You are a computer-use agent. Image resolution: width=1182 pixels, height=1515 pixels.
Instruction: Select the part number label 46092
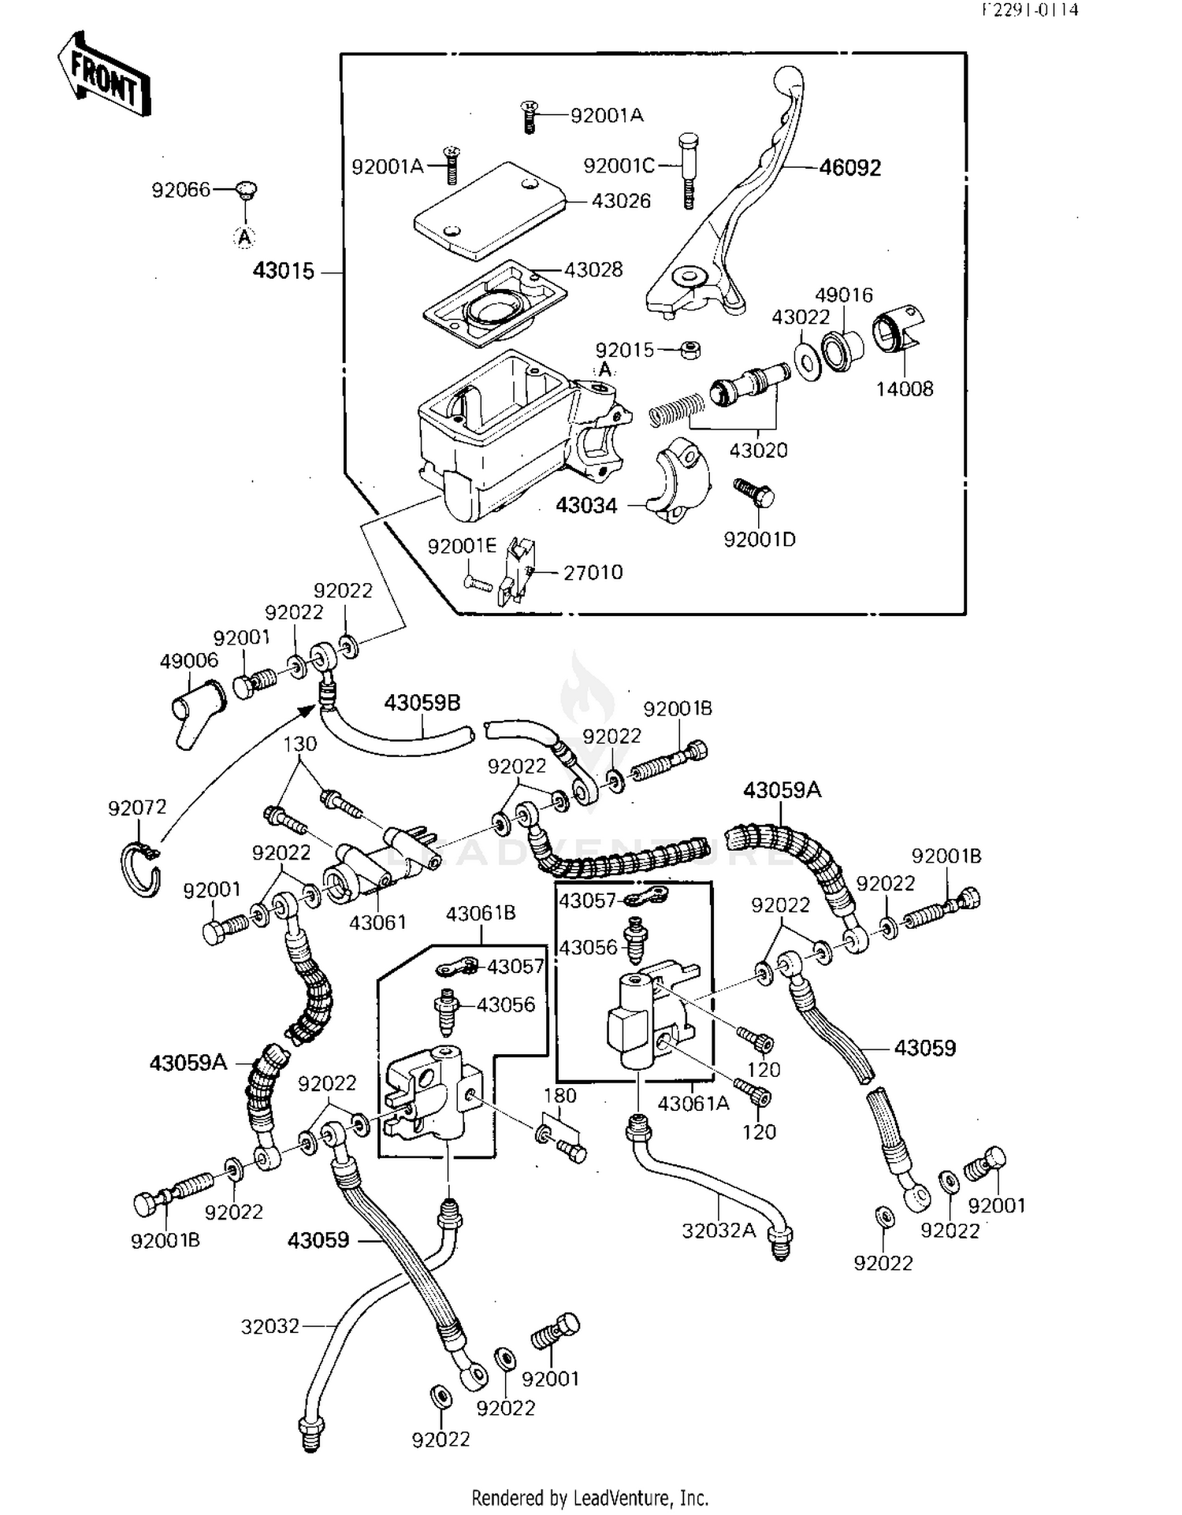coord(849,168)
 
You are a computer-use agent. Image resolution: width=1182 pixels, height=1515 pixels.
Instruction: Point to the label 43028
coord(593,269)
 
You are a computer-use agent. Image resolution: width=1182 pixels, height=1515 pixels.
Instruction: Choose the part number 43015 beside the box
coord(283,271)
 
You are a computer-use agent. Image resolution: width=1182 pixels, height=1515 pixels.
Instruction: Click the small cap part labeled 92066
coord(247,190)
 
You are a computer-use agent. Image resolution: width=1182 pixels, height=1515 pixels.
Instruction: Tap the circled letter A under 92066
coord(245,236)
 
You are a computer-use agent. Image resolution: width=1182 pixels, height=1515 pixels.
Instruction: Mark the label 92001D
coord(760,540)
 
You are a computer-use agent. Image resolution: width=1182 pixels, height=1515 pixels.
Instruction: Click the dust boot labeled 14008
coord(898,331)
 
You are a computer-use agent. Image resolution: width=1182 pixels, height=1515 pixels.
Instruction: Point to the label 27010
coord(593,573)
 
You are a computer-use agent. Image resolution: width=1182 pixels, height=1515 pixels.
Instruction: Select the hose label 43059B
coord(422,702)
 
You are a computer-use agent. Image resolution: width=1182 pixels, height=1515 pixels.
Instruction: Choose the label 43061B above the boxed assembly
coord(481,913)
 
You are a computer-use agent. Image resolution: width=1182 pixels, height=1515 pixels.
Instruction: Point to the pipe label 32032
coord(270,1327)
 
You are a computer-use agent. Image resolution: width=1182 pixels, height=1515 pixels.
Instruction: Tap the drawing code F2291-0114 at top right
coord(1029,10)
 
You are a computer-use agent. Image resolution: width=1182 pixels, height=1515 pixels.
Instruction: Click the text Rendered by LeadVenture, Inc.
coord(590,1498)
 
